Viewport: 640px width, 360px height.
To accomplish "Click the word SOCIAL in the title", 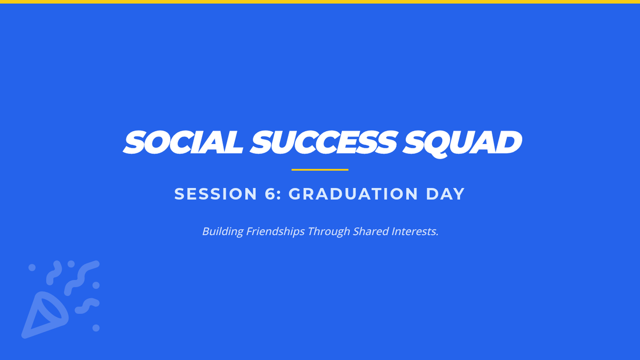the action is tap(183, 142).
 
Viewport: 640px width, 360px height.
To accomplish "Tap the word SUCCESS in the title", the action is tap(323, 142).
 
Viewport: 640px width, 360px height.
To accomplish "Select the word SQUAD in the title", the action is tap(462, 143).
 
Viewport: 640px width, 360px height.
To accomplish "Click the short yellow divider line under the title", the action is tap(320, 170).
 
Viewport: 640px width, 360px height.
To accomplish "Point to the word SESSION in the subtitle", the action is tap(215, 194).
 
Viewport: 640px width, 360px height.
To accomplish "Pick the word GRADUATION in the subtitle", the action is tap(354, 194).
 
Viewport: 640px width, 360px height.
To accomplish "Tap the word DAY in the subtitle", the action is tap(445, 194).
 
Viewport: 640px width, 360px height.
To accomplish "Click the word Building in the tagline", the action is tap(223, 231).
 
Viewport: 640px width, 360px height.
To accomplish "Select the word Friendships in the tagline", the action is tap(275, 231).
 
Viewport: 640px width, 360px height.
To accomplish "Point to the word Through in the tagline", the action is tap(329, 231).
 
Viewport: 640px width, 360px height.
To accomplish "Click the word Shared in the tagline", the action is tap(371, 231).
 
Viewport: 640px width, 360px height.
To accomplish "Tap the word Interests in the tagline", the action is tap(415, 231).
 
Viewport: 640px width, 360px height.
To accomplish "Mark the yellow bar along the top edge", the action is tap(320, 2).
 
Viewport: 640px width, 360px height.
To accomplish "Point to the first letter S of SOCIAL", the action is tap(133, 142).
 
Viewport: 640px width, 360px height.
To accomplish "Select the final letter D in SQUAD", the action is tap(509, 142).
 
